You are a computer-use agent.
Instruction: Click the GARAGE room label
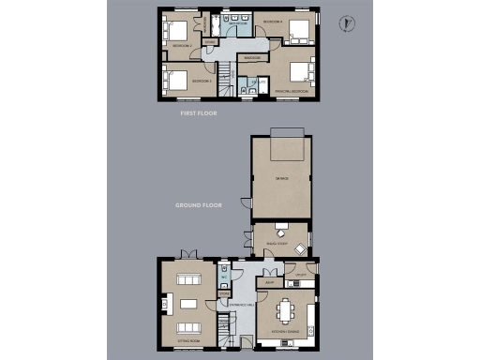coord(281,177)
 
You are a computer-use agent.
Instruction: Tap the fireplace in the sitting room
coord(164,303)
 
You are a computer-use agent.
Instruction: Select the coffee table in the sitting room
coord(190,304)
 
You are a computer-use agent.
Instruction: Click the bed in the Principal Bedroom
coord(299,73)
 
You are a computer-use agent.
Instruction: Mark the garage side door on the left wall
coord(247,202)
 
